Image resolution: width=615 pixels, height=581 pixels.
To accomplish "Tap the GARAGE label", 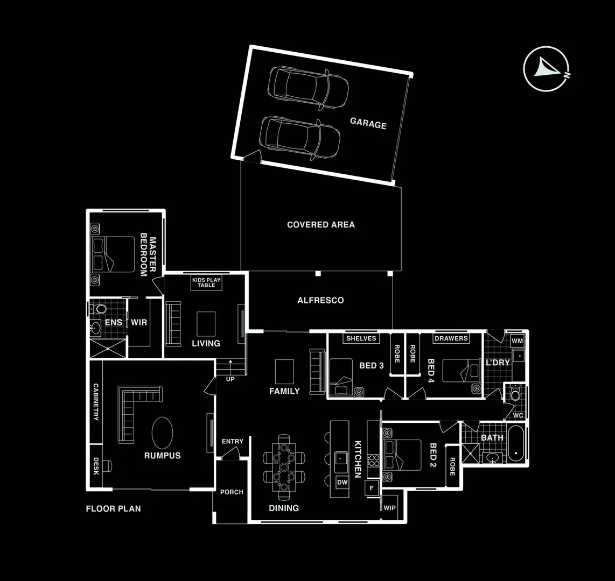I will [368, 123].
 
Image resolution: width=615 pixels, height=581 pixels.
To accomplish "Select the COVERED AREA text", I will [321, 225].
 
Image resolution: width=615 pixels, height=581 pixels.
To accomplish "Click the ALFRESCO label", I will [320, 300].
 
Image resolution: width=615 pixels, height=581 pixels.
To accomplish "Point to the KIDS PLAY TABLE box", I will [206, 282].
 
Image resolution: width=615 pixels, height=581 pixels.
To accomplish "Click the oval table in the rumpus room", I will [163, 433].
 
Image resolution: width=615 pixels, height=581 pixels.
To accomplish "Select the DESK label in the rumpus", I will [96, 466].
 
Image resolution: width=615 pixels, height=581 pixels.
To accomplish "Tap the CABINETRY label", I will [96, 402].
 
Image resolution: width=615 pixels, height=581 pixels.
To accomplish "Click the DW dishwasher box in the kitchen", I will [343, 483].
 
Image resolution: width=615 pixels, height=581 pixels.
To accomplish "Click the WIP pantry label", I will [389, 507].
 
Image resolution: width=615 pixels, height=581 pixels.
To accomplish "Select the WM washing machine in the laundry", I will [518, 341].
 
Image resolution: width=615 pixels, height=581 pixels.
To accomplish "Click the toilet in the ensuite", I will [98, 309].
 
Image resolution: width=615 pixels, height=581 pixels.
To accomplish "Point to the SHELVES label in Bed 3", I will [361, 338].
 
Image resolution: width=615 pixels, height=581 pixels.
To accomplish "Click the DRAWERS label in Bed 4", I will [451, 338].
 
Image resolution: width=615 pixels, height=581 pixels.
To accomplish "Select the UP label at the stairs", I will [230, 379].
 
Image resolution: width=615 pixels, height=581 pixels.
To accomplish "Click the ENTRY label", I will [233, 442].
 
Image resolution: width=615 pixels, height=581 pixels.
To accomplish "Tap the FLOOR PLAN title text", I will [114, 508].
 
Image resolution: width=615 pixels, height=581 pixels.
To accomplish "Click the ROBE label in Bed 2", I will [452, 466].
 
